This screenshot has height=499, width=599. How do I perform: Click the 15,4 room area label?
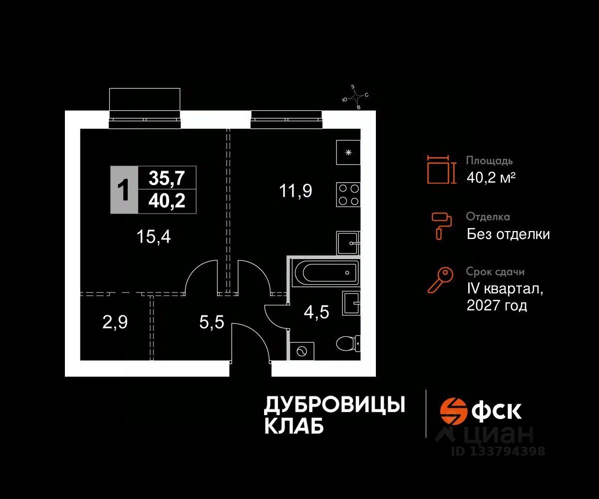click(154, 237)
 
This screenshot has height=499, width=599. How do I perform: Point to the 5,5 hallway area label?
click(212, 322)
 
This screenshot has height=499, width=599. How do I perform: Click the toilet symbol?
click(348, 344)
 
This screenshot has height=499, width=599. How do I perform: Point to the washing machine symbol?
click(301, 351)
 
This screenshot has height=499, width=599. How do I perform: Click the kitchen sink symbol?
click(348, 244)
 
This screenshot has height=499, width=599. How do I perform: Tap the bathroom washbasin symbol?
click(351, 303)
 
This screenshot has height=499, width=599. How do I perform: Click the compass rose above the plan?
click(355, 96)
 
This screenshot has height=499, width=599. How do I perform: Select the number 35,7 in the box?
click(167, 177)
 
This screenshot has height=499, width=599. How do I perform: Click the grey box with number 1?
click(122, 190)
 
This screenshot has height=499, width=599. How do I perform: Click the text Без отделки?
click(508, 234)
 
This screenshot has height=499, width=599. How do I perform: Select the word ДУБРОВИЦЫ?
click(334, 405)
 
